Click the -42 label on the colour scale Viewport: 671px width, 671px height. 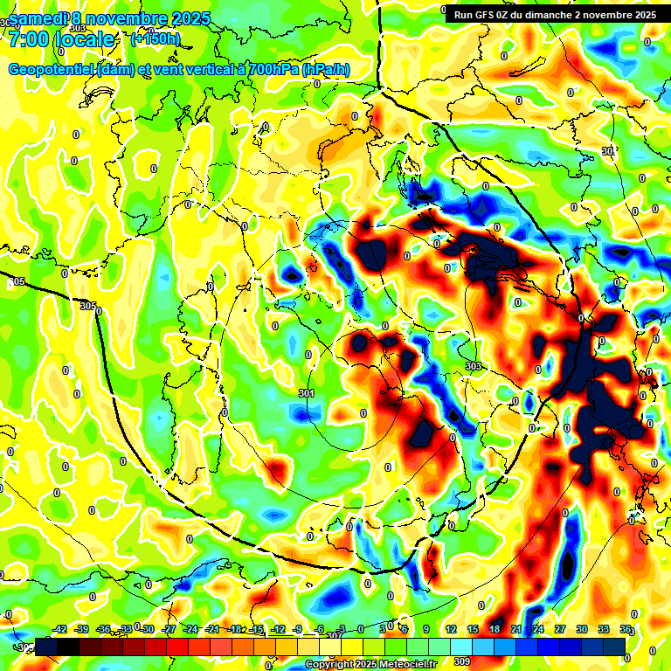[x=60, y=629]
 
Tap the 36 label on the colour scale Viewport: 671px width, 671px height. [x=626, y=629]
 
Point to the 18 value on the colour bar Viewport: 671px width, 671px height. [x=495, y=629]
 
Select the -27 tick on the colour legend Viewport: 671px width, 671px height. [x=169, y=629]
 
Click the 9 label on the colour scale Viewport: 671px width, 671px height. [x=426, y=629]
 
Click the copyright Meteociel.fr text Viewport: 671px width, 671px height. [x=370, y=664]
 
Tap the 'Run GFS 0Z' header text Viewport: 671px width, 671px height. [x=482, y=15]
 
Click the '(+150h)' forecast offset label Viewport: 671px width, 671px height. [x=156, y=38]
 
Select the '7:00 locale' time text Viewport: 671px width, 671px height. [x=61, y=39]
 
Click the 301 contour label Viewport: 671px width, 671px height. [x=306, y=394]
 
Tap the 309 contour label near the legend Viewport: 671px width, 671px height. [x=462, y=661]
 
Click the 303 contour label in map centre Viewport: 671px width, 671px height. [x=474, y=365]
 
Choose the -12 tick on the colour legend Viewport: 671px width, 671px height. [x=279, y=629]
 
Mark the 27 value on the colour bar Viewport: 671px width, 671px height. [x=560, y=629]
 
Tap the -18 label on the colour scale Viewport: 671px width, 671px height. [x=235, y=629]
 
